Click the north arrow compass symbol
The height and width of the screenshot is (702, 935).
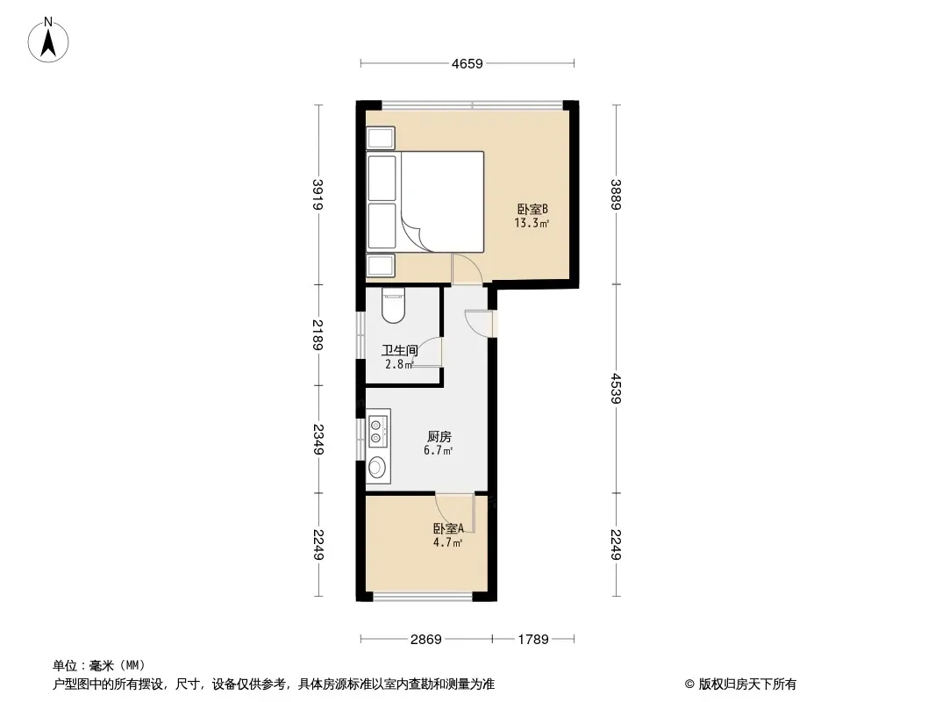[x=48, y=40]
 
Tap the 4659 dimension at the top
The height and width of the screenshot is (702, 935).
[x=467, y=64]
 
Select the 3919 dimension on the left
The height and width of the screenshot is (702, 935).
[x=318, y=195]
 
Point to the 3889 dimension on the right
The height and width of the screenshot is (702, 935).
[x=616, y=195]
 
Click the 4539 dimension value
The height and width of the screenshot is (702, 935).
[x=616, y=388]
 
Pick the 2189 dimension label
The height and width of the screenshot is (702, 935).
[x=318, y=335]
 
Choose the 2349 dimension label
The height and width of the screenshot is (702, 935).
[x=318, y=440]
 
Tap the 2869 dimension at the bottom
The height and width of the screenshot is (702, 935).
[x=425, y=640]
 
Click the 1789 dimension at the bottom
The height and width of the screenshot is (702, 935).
[x=533, y=640]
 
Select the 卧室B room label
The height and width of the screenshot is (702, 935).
[x=532, y=210]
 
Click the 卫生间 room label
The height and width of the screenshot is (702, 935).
[x=399, y=351]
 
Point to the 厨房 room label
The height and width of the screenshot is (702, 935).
[x=439, y=437]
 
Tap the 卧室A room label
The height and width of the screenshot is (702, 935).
[x=448, y=528]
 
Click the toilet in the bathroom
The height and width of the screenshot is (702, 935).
[x=393, y=306]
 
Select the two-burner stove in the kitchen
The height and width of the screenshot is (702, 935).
[x=376, y=431]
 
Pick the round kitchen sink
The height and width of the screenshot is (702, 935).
[x=376, y=467]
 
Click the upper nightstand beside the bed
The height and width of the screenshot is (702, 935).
[x=381, y=139]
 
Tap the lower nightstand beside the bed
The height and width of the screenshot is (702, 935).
[x=381, y=265]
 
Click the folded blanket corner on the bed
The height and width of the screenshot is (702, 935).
[x=416, y=231]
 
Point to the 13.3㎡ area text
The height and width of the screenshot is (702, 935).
[x=532, y=224]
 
